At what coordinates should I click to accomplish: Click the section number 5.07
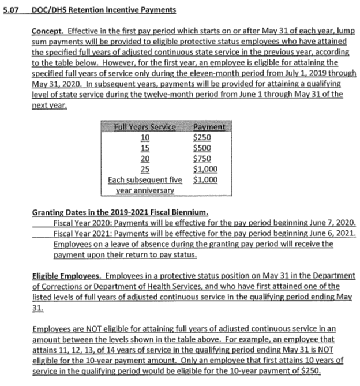point(10,10)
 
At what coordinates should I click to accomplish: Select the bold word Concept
point(48,29)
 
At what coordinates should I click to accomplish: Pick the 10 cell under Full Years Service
point(145,137)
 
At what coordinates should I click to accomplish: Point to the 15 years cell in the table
point(145,148)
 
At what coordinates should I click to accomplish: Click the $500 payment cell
point(202,148)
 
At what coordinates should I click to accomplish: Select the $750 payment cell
point(202,158)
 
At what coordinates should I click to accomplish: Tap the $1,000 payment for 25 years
point(205,168)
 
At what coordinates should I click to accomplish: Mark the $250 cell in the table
point(202,137)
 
